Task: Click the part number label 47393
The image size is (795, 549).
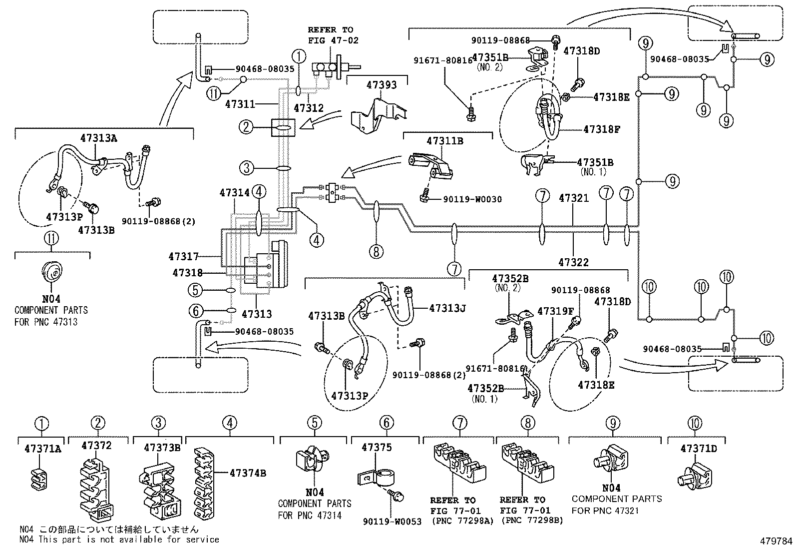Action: [381, 85]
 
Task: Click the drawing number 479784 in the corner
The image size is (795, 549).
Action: [776, 542]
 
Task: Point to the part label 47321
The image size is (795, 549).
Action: [574, 198]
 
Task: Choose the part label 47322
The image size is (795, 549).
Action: [573, 262]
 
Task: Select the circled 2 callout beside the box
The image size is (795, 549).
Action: [246, 127]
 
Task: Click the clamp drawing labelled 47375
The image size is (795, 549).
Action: [376, 477]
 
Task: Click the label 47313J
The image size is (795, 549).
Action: [447, 308]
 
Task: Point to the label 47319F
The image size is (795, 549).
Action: [555, 311]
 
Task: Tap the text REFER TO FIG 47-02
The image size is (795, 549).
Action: [333, 35]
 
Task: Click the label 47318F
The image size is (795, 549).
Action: [602, 129]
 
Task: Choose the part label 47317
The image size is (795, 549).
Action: [183, 257]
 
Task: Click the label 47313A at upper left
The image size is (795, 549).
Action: [99, 138]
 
